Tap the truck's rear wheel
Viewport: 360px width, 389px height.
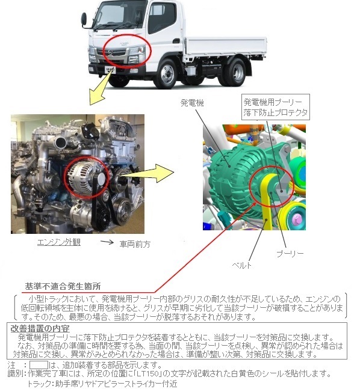234,72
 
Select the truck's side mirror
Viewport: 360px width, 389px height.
84,19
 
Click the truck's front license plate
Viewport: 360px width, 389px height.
110,70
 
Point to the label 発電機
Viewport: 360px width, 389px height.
192,102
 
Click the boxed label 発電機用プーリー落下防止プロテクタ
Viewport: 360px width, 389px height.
276,107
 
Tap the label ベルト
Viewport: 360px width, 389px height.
242,266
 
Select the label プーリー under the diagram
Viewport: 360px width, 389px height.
290,254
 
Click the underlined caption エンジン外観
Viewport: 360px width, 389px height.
59,242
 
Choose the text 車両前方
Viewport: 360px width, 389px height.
135,244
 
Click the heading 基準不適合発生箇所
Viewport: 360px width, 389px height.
63,286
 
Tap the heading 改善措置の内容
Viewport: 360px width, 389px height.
40,329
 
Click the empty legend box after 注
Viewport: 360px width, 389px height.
39,365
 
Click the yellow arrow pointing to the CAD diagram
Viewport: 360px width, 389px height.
146,174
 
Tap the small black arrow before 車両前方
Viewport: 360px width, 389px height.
107,242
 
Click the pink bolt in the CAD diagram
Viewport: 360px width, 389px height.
296,219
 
